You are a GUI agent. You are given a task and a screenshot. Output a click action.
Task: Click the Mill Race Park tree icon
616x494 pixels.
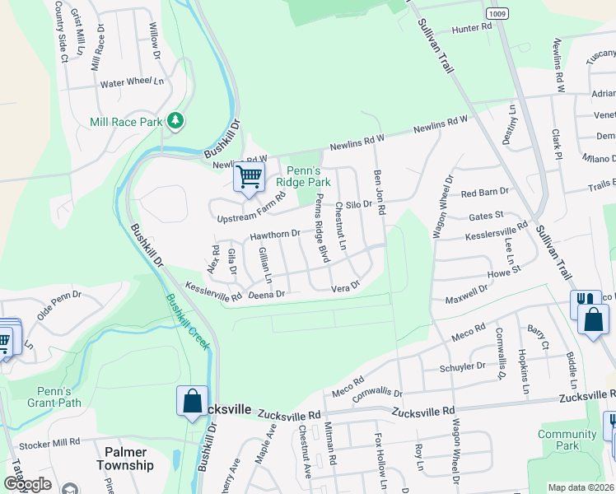pos(175,122)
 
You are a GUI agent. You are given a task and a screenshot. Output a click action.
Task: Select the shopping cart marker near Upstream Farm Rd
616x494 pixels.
pos(249,176)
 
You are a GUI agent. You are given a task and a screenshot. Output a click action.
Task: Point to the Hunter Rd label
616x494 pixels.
pos(471,27)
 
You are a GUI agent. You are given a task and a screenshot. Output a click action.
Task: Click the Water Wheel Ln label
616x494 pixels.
pos(132,83)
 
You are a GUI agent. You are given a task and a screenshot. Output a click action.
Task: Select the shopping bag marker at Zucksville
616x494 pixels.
pos(192,402)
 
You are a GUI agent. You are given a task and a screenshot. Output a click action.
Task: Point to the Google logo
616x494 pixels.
pos(27,484)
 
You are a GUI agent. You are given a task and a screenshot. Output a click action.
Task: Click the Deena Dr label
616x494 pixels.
pos(266,294)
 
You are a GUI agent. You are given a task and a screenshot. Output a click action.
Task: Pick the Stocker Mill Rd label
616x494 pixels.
pos(52,442)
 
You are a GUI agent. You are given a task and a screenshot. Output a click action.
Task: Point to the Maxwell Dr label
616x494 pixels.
pos(467,294)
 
